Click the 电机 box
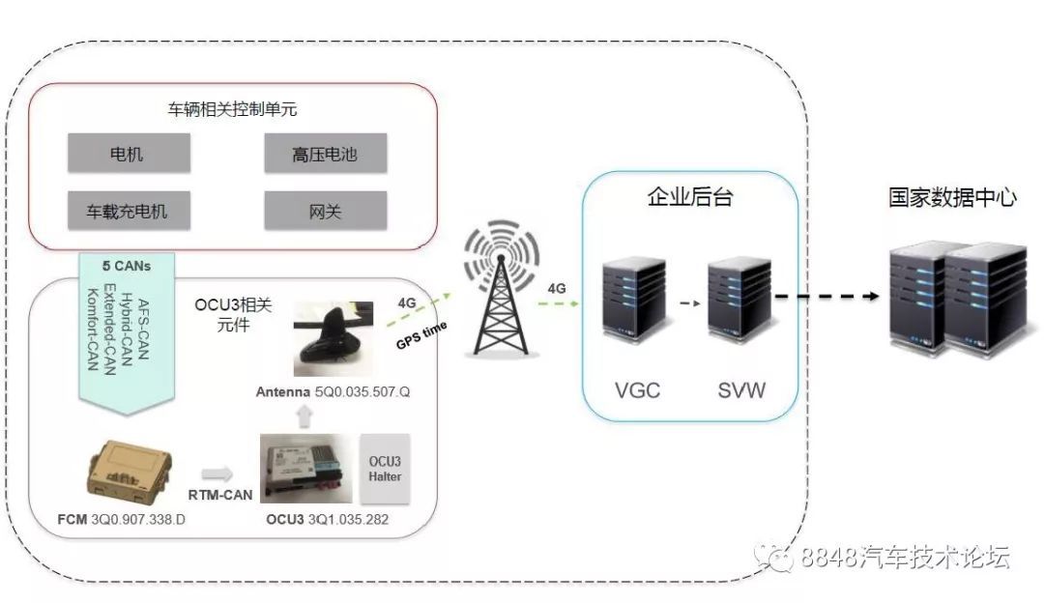pos(129,154)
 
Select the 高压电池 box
pos(325,154)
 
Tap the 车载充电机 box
pos(129,210)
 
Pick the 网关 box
pos(325,210)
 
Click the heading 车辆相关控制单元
pos(229,108)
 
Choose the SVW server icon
pos(739,310)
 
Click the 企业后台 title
pos(689,198)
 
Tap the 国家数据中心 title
pos(952,198)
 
